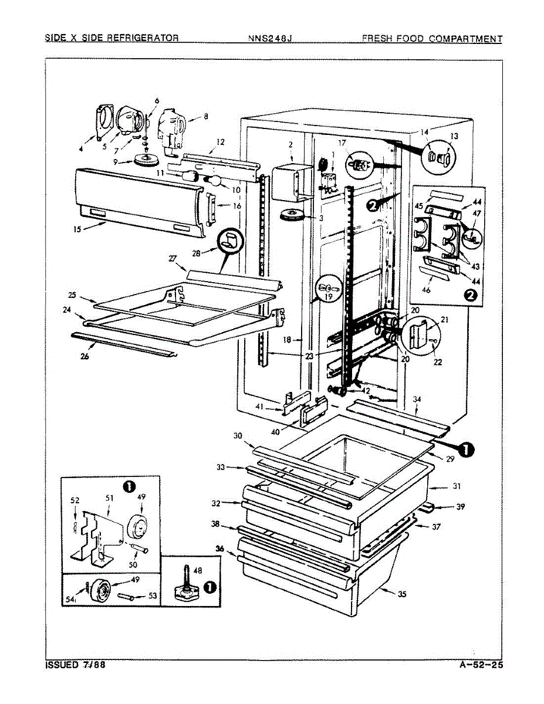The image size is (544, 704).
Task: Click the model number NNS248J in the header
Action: tap(270, 39)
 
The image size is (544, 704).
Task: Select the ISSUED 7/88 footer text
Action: tap(76, 665)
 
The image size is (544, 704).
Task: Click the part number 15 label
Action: tap(77, 230)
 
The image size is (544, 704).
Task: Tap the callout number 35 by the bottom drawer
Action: tap(402, 594)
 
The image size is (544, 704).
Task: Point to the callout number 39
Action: tap(459, 507)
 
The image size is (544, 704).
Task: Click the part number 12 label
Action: tap(220, 141)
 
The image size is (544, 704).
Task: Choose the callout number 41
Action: tap(259, 407)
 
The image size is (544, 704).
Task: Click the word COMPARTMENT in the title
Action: tap(465, 39)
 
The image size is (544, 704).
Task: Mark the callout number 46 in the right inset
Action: tap(426, 290)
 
